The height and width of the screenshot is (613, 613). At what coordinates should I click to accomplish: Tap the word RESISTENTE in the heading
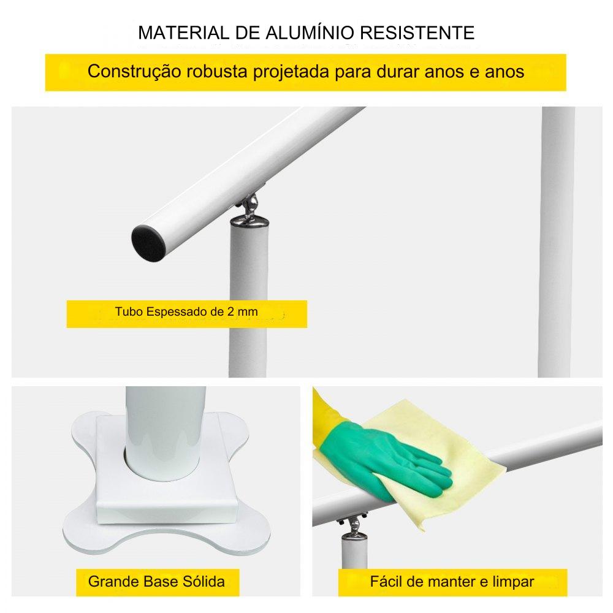[x=417, y=33]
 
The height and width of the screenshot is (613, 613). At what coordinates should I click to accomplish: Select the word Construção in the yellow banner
[x=134, y=72]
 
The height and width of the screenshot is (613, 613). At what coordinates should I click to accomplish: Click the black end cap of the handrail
[x=148, y=243]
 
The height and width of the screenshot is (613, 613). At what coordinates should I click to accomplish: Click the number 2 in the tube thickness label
[x=230, y=311]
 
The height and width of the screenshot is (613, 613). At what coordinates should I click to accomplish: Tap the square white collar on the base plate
[x=167, y=469]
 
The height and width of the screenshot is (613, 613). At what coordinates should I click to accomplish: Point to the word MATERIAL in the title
[x=183, y=33]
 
